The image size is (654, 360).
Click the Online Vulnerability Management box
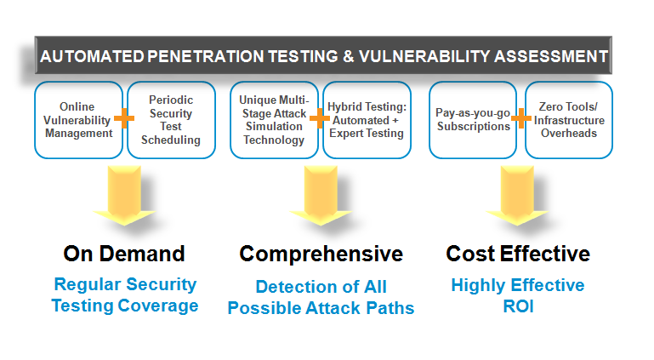tap(77, 120)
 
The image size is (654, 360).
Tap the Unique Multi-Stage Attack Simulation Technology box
tap(274, 120)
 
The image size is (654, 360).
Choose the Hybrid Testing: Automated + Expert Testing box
tap(368, 120)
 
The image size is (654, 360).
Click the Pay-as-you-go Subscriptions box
tap(472, 120)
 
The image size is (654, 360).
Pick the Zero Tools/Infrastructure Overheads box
tap(568, 120)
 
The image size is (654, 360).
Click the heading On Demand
tap(123, 254)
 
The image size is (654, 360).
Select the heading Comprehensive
tap(321, 254)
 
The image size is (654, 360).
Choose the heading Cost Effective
tap(518, 254)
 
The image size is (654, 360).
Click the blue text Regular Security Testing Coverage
tap(125, 294)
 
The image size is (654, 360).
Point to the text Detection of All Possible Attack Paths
tap(321, 297)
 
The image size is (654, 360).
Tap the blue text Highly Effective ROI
tap(518, 294)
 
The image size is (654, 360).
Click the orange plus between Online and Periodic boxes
tap(124, 118)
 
